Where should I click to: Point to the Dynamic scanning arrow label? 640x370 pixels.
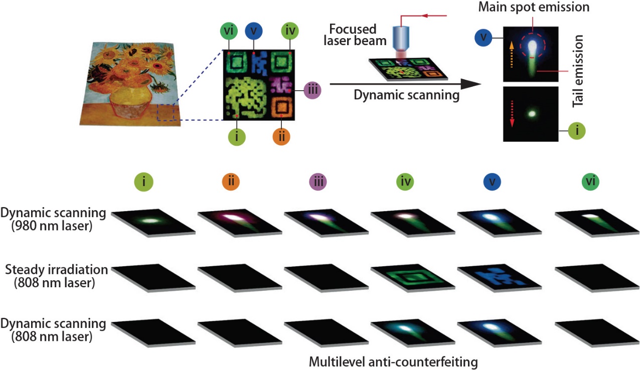[407, 95]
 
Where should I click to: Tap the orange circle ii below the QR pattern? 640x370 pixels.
[281, 136]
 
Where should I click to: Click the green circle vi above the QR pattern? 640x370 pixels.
[228, 31]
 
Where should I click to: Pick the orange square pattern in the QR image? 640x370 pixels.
[282, 106]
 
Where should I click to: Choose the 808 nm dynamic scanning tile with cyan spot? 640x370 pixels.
[408, 329]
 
